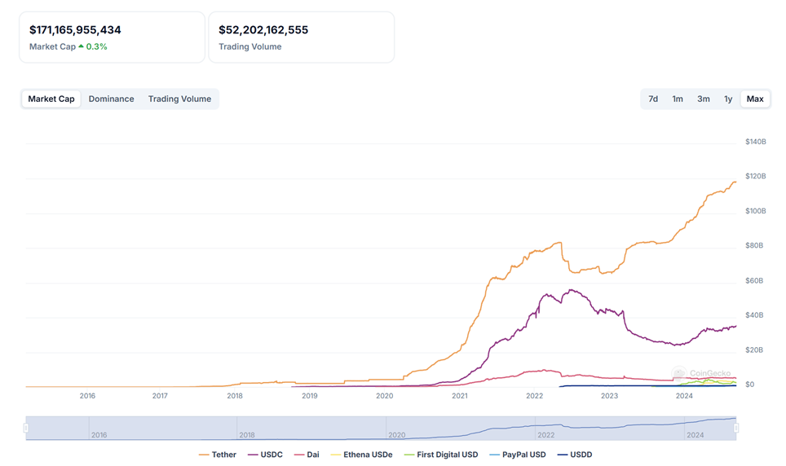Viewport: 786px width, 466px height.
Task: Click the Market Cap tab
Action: tap(51, 99)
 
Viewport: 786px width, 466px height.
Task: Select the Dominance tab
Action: tap(111, 99)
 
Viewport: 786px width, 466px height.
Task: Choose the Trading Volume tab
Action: tap(179, 99)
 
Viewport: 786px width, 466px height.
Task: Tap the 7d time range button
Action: tap(653, 99)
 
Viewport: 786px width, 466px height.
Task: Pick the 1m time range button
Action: tap(678, 99)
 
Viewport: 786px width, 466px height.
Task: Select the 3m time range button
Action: tap(703, 99)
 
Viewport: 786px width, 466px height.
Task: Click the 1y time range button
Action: tap(728, 99)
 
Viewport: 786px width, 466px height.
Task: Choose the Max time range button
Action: tap(755, 99)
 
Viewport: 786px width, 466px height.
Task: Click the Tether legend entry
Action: tap(218, 455)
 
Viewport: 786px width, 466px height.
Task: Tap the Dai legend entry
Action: tap(308, 455)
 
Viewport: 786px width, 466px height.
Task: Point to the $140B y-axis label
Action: tap(755, 142)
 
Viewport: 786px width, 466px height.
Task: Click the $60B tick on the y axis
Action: tap(755, 280)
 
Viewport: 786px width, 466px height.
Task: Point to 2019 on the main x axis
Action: tap(309, 396)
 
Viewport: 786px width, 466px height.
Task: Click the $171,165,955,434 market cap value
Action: tap(75, 30)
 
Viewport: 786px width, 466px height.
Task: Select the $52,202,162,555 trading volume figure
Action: tap(263, 30)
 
